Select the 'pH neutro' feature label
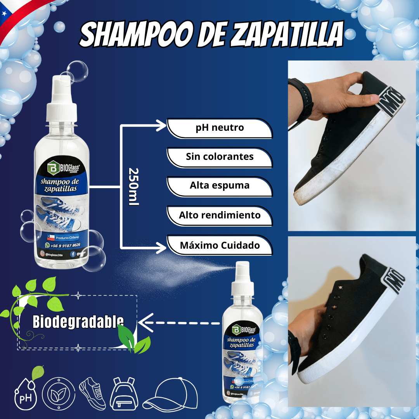tap(220, 128)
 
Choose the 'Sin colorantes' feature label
tap(220, 157)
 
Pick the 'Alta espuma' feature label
tap(220, 186)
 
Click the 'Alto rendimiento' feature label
tap(220, 215)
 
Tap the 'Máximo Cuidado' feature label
tap(220, 245)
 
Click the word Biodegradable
tap(78, 322)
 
